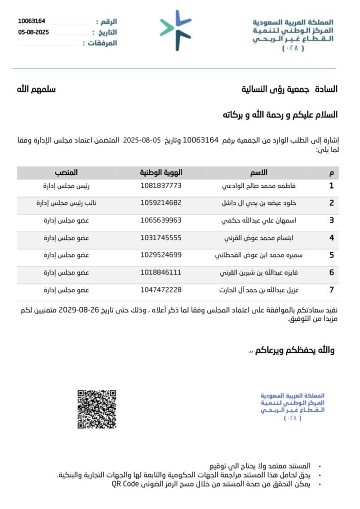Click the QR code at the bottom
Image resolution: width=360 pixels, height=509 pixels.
point(97,409)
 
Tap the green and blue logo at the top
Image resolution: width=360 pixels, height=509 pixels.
point(176,30)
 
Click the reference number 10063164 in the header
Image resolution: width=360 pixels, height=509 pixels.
point(31,21)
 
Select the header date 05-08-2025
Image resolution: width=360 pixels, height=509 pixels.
point(33,32)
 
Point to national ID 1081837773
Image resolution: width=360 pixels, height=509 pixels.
point(161,185)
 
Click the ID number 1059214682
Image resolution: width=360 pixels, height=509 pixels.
point(161,203)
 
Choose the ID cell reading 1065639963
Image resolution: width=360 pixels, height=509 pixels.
point(161,220)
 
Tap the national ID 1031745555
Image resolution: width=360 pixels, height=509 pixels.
point(161,238)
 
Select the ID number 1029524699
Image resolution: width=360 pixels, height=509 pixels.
point(161,255)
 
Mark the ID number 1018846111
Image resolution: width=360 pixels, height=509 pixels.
point(161,272)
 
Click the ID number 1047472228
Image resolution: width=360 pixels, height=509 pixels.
point(161,290)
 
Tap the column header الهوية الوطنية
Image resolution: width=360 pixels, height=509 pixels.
point(161,173)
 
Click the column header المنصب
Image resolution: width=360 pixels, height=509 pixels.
point(67,173)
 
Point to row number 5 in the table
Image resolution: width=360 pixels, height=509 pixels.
point(331,255)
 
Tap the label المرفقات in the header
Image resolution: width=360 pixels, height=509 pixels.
point(100,43)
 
